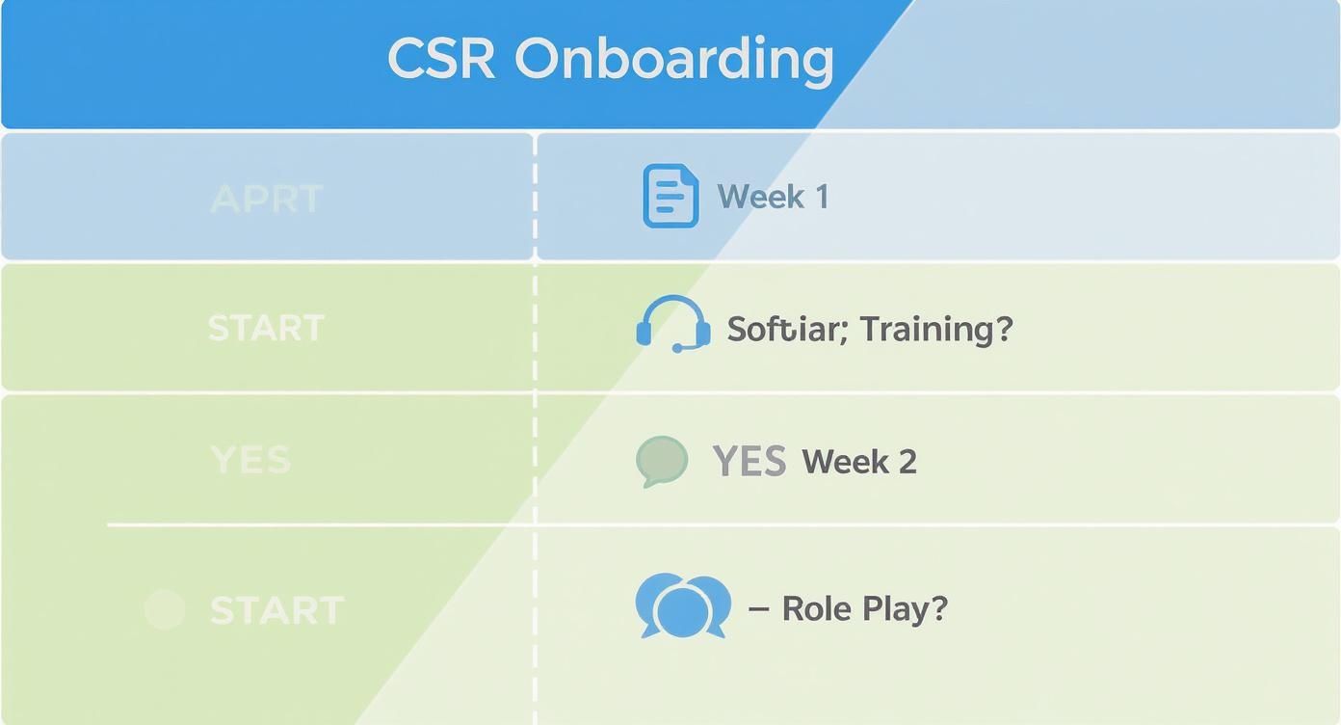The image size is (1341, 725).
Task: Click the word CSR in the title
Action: [x=441, y=59]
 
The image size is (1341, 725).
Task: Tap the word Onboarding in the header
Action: [x=674, y=61]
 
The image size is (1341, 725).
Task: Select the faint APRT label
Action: [x=266, y=199]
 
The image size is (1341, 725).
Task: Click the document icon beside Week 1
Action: [x=670, y=196]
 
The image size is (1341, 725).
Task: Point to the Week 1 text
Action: [x=773, y=197]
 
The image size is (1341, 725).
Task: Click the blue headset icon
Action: [x=673, y=325]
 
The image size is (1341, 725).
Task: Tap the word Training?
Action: [x=936, y=330]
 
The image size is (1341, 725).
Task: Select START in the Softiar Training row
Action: [x=266, y=328]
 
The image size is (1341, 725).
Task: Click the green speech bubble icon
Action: [x=662, y=460]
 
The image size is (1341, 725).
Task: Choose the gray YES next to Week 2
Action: [x=749, y=462]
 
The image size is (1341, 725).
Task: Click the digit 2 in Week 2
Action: [x=907, y=462]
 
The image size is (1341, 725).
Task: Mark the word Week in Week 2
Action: [x=845, y=462]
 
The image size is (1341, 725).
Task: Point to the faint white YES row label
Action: [x=250, y=460]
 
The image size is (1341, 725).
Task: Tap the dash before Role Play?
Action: [x=758, y=608]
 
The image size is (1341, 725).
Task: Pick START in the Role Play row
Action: [x=276, y=610]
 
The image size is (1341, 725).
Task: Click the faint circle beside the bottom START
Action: [x=164, y=609]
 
